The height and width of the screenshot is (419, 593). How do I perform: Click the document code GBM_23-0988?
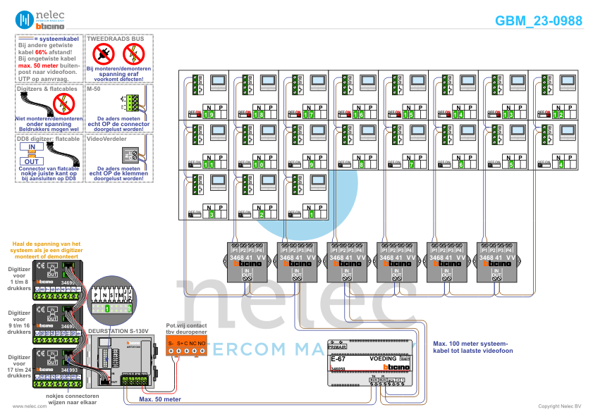(x=539, y=21)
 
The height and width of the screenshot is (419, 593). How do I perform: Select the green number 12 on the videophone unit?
(x=558, y=114)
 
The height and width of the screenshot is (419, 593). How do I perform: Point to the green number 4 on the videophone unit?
(x=561, y=164)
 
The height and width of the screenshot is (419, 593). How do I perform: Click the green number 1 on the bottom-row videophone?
(x=311, y=214)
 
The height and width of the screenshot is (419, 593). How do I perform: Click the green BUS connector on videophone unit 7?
(x=396, y=134)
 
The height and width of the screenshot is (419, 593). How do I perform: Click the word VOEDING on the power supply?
(x=383, y=358)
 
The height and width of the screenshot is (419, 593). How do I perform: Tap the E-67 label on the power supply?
(x=337, y=359)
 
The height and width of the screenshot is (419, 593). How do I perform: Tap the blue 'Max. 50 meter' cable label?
(x=159, y=399)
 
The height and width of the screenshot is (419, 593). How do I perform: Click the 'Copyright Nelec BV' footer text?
(x=559, y=406)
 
